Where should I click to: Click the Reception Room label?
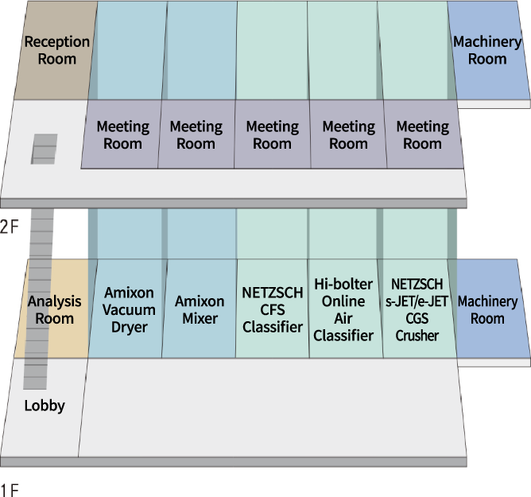click(x=50, y=49)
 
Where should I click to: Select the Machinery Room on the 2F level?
click(x=487, y=49)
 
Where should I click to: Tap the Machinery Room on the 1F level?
click(x=486, y=310)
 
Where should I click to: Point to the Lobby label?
click(x=45, y=406)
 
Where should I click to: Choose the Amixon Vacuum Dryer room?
click(x=129, y=309)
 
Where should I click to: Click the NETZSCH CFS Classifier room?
click(x=273, y=309)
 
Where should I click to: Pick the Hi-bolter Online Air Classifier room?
click(x=344, y=309)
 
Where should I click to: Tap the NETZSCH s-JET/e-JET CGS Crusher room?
click(x=417, y=309)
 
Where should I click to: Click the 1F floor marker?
click(x=10, y=488)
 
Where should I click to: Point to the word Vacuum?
click(x=129, y=309)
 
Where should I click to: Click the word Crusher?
click(x=417, y=336)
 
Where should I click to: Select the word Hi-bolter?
click(x=344, y=284)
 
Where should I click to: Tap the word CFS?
click(x=273, y=310)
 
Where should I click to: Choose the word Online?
click(x=344, y=301)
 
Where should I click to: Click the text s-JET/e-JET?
click(x=417, y=301)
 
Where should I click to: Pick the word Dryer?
click(x=129, y=326)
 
